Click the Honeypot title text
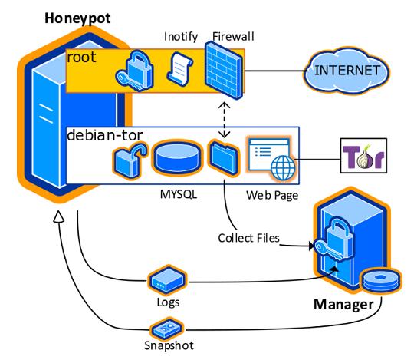[77, 18]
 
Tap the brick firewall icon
[223, 70]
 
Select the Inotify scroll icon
[180, 69]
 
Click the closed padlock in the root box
[135, 70]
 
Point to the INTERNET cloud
[347, 71]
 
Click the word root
[81, 58]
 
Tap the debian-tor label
[105, 135]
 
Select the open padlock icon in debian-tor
[130, 160]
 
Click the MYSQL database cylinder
[177, 158]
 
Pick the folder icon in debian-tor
[224, 158]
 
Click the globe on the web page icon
[284, 168]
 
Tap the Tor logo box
[363, 156]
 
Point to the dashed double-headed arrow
[224, 120]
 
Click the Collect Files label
[248, 238]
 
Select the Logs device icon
[167, 281]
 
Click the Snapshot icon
[167, 329]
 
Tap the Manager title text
[343, 305]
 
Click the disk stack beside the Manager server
[380, 281]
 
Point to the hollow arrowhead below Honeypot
[58, 216]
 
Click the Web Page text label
[272, 195]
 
